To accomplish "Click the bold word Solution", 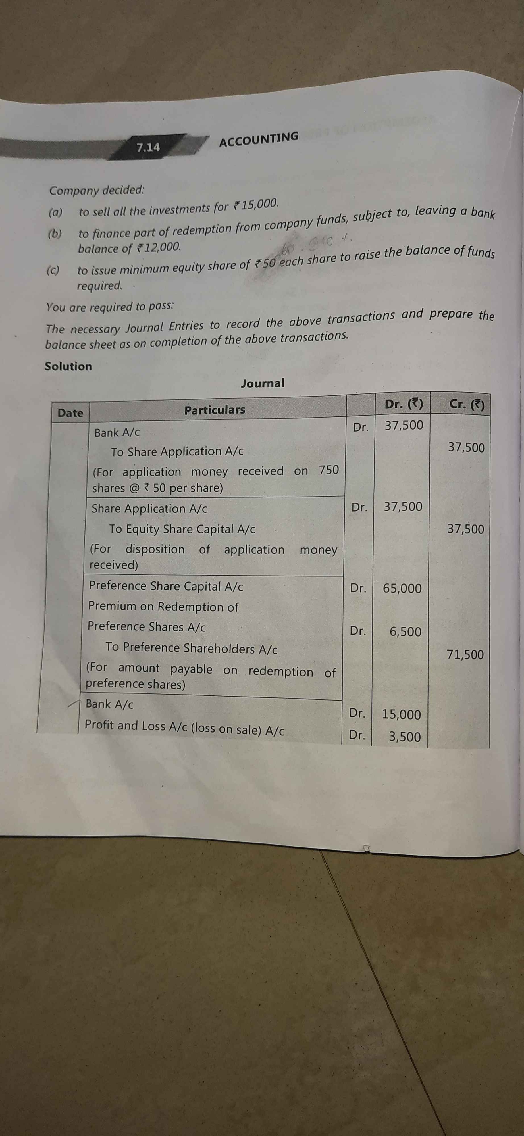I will tap(68, 366).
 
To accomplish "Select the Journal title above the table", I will tap(263, 383).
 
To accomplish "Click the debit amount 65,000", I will tap(402, 588).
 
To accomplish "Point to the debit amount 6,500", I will tap(405, 631).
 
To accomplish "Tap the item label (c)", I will tap(54, 270).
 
